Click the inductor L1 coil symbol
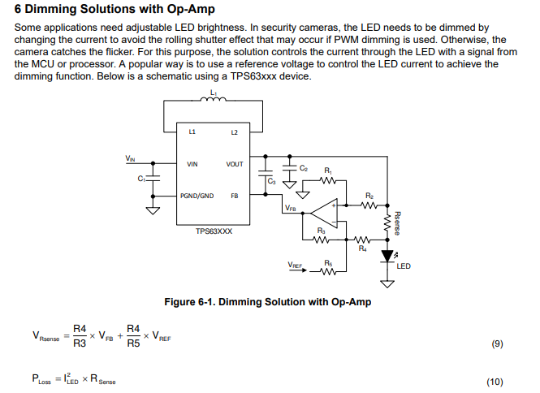214,99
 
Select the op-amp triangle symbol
325,214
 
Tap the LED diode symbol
387,257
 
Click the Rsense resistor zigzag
387,222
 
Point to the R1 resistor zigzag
328,180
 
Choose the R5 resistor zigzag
328,272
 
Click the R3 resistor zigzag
321,240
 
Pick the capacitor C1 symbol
153,179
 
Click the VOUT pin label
235,164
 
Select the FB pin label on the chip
235,196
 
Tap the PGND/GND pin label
197,196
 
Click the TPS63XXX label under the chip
214,231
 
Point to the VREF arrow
297,270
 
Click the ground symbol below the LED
387,284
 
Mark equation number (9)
497,343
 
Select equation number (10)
495,382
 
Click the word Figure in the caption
179,302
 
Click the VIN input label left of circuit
130,158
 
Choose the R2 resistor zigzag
369,205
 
